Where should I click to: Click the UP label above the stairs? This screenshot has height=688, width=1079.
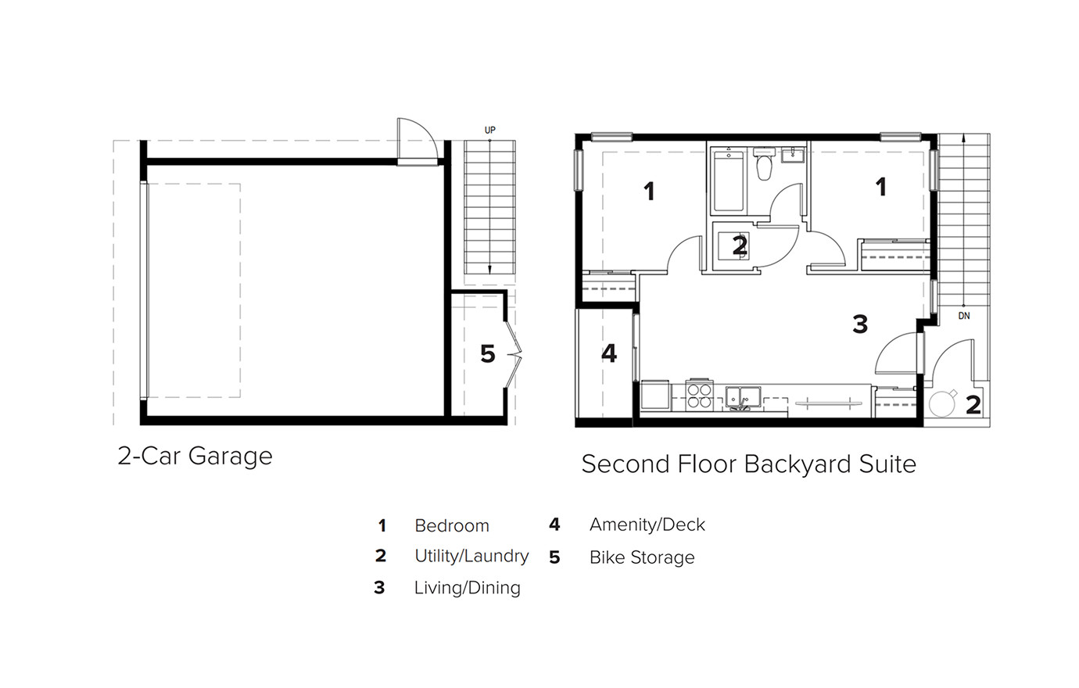click(490, 130)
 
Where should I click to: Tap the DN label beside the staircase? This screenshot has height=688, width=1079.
click(964, 316)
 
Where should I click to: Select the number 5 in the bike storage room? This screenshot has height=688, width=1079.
click(487, 354)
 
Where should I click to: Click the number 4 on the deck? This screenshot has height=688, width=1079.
click(609, 353)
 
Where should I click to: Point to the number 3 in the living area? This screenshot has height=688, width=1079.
click(860, 324)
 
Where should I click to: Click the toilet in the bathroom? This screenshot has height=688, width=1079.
click(764, 164)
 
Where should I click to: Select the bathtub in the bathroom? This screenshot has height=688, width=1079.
click(729, 181)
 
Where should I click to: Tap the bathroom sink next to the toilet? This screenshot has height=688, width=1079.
click(793, 156)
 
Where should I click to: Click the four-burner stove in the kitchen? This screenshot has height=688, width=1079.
click(700, 396)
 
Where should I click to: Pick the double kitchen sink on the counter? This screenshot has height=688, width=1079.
click(744, 397)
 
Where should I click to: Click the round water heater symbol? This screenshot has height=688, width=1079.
click(942, 403)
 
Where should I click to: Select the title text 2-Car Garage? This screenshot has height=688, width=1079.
click(195, 456)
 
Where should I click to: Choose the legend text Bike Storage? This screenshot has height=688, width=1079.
click(642, 557)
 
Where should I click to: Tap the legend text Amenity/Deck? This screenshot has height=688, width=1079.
click(647, 525)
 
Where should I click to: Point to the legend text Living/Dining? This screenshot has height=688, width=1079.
click(468, 588)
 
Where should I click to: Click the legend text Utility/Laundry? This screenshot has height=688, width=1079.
click(471, 556)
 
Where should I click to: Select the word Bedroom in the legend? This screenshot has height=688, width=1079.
click(452, 525)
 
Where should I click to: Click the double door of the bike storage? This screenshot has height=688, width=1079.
click(514, 355)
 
